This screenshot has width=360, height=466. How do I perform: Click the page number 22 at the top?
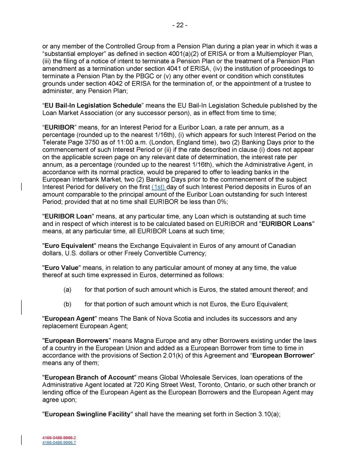(180, 25)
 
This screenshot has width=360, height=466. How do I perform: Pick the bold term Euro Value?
(62, 268)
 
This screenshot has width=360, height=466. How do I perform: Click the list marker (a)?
(67, 290)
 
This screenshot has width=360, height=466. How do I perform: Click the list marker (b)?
(67, 304)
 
